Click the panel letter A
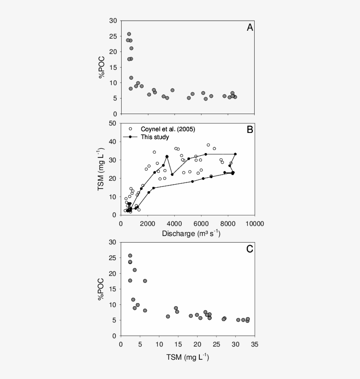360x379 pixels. coord(249,28)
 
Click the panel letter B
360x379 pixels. coord(249,130)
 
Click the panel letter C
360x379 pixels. coord(249,249)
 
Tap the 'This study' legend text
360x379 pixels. coord(155,137)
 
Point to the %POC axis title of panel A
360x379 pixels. coord(102,67)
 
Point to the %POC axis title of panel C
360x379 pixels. coord(102,289)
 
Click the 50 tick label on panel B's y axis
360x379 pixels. coord(113,123)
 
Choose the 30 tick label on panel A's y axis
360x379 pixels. coord(113,21)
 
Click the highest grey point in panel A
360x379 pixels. coord(129,34)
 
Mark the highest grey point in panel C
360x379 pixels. coord(130,255)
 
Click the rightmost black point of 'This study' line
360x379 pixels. coord(235,154)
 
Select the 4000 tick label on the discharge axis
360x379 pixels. coord(175,223)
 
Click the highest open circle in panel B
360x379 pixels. coord(209,145)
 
